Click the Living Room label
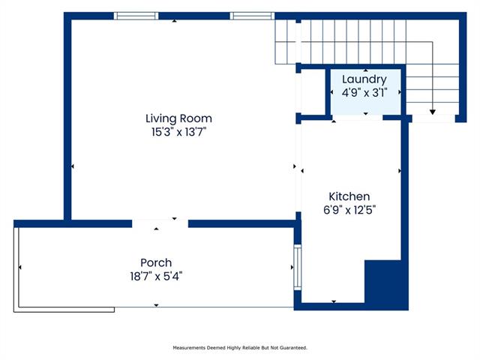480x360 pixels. tap(178, 118)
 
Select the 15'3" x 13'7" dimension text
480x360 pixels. tap(178, 132)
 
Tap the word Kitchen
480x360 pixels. tap(349, 196)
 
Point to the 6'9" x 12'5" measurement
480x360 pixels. tap(349, 210)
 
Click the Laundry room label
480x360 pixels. tap(364, 79)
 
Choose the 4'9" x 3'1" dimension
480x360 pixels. tap(364, 92)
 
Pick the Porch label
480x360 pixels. tap(156, 262)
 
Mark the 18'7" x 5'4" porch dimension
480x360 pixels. tap(156, 277)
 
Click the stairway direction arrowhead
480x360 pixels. tap(432, 112)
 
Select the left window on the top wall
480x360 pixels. tap(136, 16)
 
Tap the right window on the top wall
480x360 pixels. tap(252, 16)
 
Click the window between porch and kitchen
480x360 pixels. tap(298, 267)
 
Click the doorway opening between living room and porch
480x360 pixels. tap(160, 223)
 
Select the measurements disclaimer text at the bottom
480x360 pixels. tap(240, 348)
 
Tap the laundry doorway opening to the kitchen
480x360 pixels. tap(358, 118)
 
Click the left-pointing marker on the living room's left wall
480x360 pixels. tap(73, 166)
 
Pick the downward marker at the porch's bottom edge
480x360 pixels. tap(156, 305)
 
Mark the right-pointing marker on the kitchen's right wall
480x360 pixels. tap(400, 171)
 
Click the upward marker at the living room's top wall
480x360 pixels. tap(174, 21)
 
